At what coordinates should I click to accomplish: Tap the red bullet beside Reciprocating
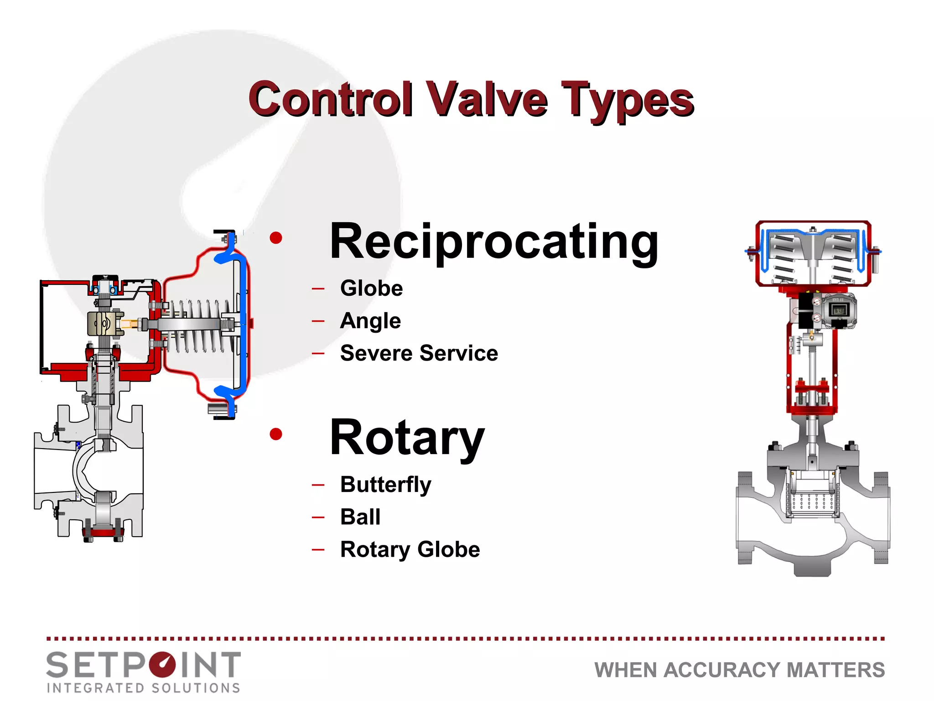click(x=276, y=238)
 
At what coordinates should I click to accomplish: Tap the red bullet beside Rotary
click(x=276, y=434)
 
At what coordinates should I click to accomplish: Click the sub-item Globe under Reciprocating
click(x=371, y=288)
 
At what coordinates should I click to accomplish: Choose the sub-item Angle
click(x=370, y=321)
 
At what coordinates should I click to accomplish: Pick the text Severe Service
click(x=419, y=353)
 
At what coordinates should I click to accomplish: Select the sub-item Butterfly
click(x=385, y=485)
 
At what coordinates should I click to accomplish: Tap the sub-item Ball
click(x=360, y=517)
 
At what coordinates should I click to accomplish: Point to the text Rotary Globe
click(x=410, y=549)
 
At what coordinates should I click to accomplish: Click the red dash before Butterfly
click(x=318, y=485)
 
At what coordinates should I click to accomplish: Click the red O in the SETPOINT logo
click(x=161, y=664)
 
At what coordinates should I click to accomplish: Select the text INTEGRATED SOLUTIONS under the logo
click(x=143, y=688)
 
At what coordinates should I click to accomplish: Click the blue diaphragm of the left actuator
click(x=243, y=324)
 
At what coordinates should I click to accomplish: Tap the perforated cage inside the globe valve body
click(x=812, y=502)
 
